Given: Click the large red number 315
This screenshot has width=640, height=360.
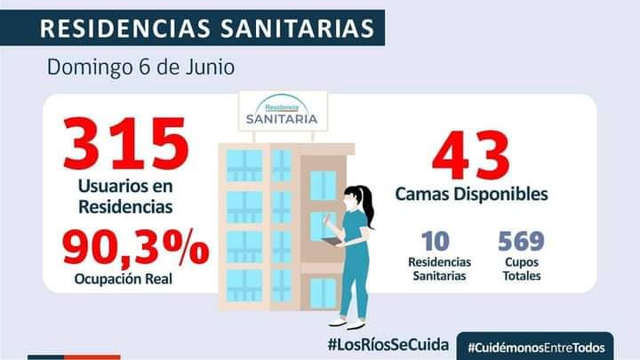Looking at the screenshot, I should coord(125,144).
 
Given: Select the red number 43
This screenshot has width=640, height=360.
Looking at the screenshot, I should coord(471,153).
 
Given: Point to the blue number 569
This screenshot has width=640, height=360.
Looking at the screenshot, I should coord(521,241).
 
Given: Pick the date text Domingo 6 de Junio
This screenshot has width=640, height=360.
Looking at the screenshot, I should coord(141,67).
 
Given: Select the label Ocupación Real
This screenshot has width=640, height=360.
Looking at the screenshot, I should coord(123,280).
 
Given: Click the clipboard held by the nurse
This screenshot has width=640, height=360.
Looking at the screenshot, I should coord(332,241).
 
